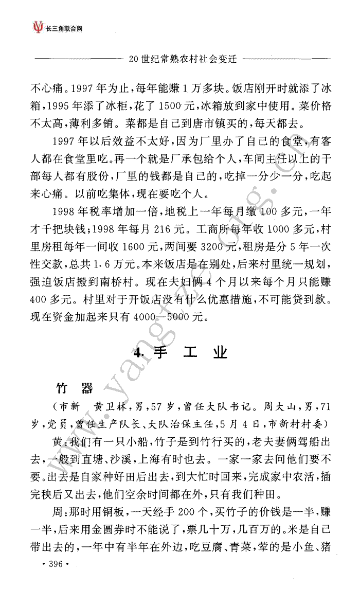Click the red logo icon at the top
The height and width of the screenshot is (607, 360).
coord(37,26)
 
